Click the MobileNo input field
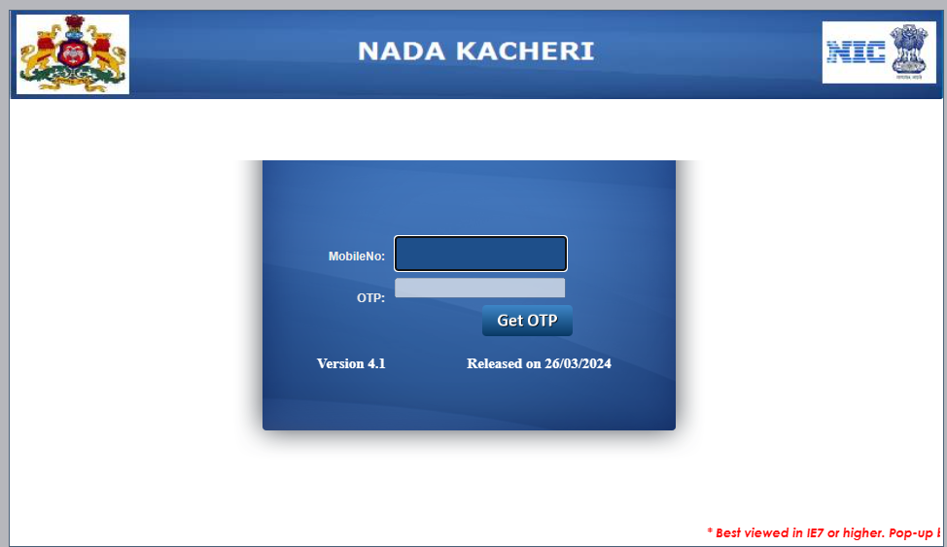pyautogui.click(x=480, y=255)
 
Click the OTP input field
pyautogui.click(x=479, y=288)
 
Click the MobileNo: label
pyautogui.click(x=356, y=256)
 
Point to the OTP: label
pyautogui.click(x=370, y=298)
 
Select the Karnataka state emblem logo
pyautogui.click(x=73, y=54)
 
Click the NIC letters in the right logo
pyautogui.click(x=856, y=52)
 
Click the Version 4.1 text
pyautogui.click(x=351, y=364)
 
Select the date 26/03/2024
pyautogui.click(x=579, y=364)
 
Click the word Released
pyautogui.click(x=496, y=364)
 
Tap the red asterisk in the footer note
pyautogui.click(x=710, y=532)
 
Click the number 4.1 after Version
pyautogui.click(x=376, y=364)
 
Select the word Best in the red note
pyautogui.click(x=731, y=533)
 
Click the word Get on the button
pyautogui.click(x=509, y=321)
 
